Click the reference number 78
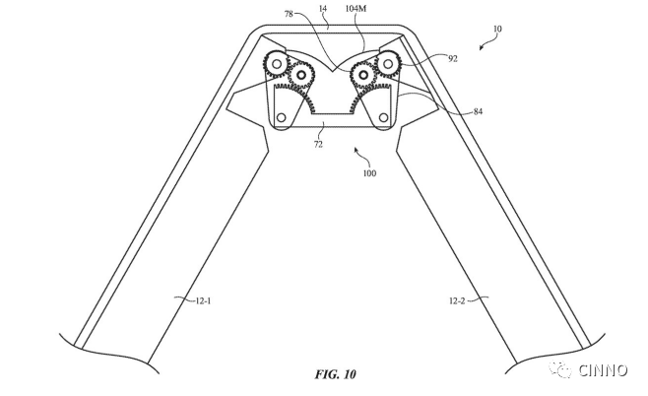point(289,14)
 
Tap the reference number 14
point(323,8)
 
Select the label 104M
point(356,8)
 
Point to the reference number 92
point(453,59)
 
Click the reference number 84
point(478,111)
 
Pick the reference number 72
point(318,144)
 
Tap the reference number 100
point(369,173)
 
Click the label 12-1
point(203,300)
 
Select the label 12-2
point(457,300)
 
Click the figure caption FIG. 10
point(335,374)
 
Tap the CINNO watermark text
point(604,370)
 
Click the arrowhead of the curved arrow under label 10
point(482,47)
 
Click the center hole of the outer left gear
point(277,64)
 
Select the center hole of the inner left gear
point(301,75)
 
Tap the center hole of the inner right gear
point(363,75)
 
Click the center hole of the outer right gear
point(388,64)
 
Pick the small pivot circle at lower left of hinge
point(281,118)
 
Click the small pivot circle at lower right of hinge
point(383,118)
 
